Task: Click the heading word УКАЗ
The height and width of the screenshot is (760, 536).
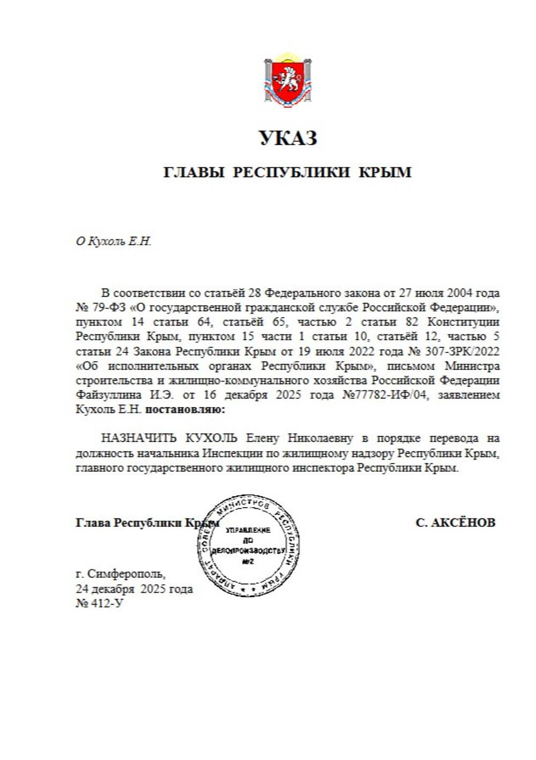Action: [x=288, y=138]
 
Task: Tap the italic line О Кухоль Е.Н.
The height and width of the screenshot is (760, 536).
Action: [x=114, y=242]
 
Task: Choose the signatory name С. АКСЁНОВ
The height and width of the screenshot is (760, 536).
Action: [x=455, y=522]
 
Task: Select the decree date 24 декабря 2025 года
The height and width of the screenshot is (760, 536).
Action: [x=134, y=589]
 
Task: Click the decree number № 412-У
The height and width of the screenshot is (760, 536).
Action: [x=100, y=604]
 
